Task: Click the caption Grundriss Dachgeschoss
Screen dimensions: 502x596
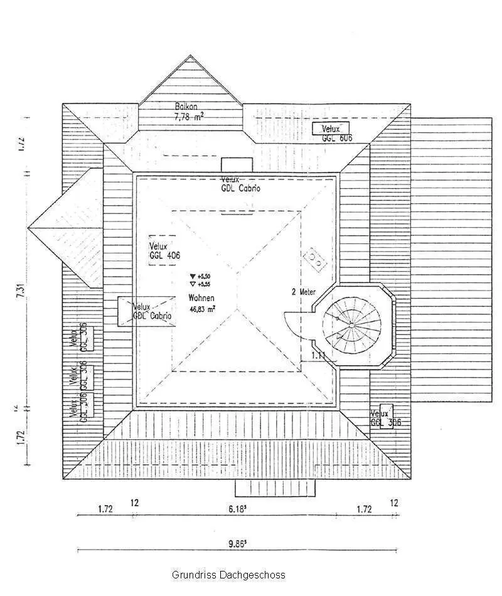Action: [228, 575]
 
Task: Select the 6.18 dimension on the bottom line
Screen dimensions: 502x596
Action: [237, 509]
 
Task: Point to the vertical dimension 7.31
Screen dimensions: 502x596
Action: [21, 292]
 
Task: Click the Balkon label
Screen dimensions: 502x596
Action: [186, 107]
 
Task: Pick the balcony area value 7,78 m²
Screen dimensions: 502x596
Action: [188, 116]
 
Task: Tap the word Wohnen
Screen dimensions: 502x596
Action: [201, 298]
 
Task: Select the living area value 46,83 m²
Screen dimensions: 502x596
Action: [202, 309]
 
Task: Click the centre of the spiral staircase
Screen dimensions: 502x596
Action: [351, 325]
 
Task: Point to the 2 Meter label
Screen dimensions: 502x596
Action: [304, 292]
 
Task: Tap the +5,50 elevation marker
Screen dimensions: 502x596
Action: [200, 276]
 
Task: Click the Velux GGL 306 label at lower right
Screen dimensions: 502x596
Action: [385, 418]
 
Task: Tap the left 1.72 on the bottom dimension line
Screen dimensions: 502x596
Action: [105, 509]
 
